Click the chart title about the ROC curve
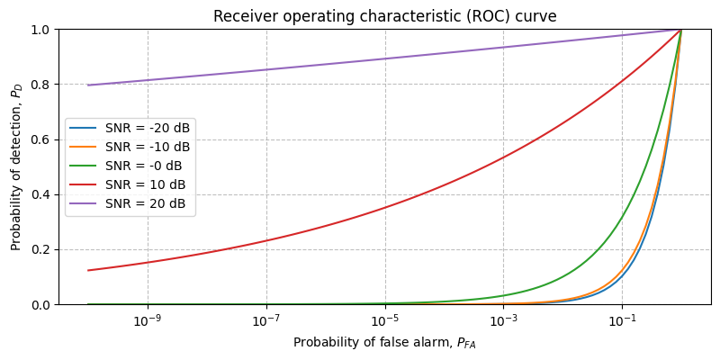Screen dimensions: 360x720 pyautogui.click(x=384, y=16)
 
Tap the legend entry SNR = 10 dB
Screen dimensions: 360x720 pyautogui.click(x=146, y=185)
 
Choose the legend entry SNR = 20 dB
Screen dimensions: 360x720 pyautogui.click(x=146, y=204)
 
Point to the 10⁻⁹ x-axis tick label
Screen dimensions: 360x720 pyautogui.click(x=148, y=321)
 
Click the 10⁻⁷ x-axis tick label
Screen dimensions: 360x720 pyautogui.click(x=266, y=321)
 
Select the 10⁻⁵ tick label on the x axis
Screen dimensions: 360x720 pyautogui.click(x=385, y=321)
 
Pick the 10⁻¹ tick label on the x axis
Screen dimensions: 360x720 pyautogui.click(x=622, y=321)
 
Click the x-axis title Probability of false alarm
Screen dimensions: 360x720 pyautogui.click(x=384, y=343)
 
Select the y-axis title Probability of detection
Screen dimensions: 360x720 pyautogui.click(x=16, y=167)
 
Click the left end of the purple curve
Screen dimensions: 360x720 pyautogui.click(x=88, y=85)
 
